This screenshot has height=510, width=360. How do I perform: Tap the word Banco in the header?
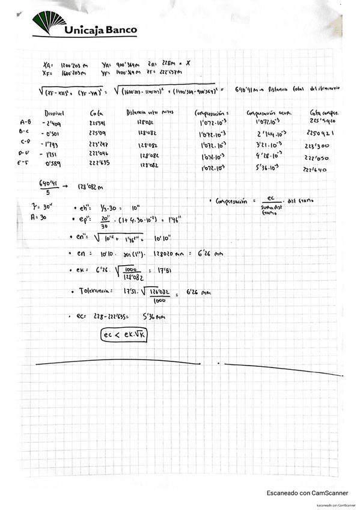click(118, 29)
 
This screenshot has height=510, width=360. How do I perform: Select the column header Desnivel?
click(55, 113)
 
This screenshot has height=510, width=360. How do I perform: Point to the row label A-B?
click(25, 122)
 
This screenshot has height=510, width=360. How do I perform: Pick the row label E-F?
click(25, 162)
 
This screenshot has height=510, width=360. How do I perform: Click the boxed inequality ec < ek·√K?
click(125, 336)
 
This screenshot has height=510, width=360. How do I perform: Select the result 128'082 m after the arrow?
click(88, 186)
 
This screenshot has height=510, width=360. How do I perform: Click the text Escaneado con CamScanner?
click(307, 493)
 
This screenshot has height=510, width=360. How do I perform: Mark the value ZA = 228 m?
click(161, 63)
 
